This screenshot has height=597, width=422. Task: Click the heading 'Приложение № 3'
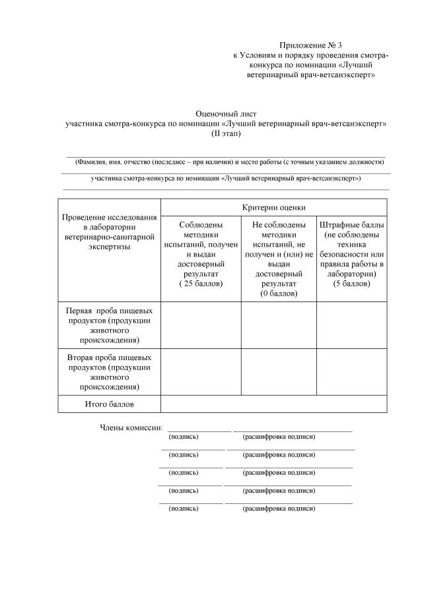tap(310, 45)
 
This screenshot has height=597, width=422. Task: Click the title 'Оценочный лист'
tap(226, 113)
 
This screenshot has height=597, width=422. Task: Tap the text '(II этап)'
tap(226, 133)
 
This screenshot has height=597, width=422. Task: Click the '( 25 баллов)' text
tap(201, 283)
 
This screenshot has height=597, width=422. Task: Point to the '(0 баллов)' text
tap(279, 293)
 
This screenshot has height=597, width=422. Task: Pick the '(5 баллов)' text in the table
tap(352, 283)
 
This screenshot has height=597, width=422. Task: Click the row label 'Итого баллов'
tap(109, 403)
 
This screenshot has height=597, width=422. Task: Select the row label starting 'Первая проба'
tap(109, 325)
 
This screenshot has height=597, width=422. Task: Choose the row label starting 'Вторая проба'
tap(109, 371)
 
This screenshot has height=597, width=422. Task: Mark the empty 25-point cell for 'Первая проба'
tap(201, 325)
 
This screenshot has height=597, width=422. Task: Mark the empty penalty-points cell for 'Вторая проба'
tap(352, 371)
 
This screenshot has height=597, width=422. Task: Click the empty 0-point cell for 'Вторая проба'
tap(279, 371)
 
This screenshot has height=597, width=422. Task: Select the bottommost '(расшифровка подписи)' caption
tap(279, 509)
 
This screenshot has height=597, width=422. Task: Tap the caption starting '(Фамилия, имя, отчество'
tap(229, 161)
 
